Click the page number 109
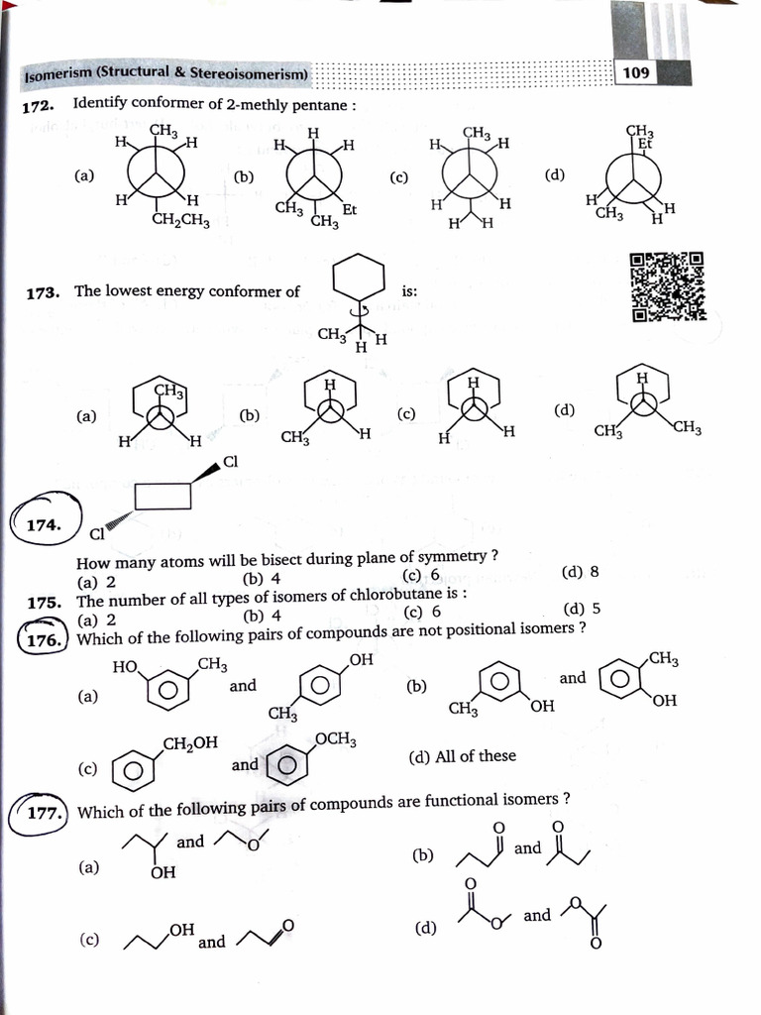tap(636, 72)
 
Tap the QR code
tap(668, 287)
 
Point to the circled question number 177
tap(41, 813)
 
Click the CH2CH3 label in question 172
tap(180, 221)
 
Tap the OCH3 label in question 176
tap(336, 739)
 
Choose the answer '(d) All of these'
tap(462, 756)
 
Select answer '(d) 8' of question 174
tap(580, 573)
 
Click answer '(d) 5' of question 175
tap(582, 610)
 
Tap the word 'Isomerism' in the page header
tap(57, 74)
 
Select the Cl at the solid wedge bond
tap(231, 462)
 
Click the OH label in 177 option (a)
tap(163, 872)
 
